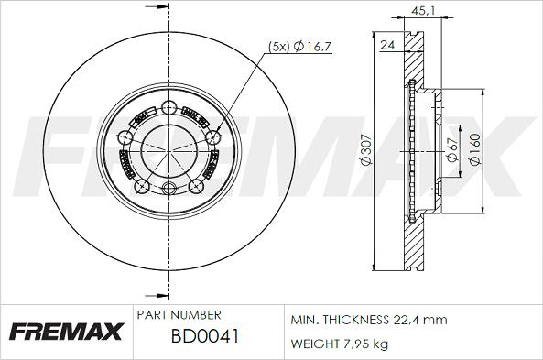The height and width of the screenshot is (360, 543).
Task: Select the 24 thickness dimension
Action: [386, 43]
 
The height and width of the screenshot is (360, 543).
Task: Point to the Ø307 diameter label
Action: [364, 152]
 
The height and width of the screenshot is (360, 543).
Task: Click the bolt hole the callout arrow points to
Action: [214, 137]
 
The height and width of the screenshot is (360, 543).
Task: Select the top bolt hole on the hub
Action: [169, 106]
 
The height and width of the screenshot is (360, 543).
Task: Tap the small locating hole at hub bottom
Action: [169, 190]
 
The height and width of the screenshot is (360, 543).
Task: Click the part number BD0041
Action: [206, 336]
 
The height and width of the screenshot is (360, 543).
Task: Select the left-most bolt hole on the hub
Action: [125, 137]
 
